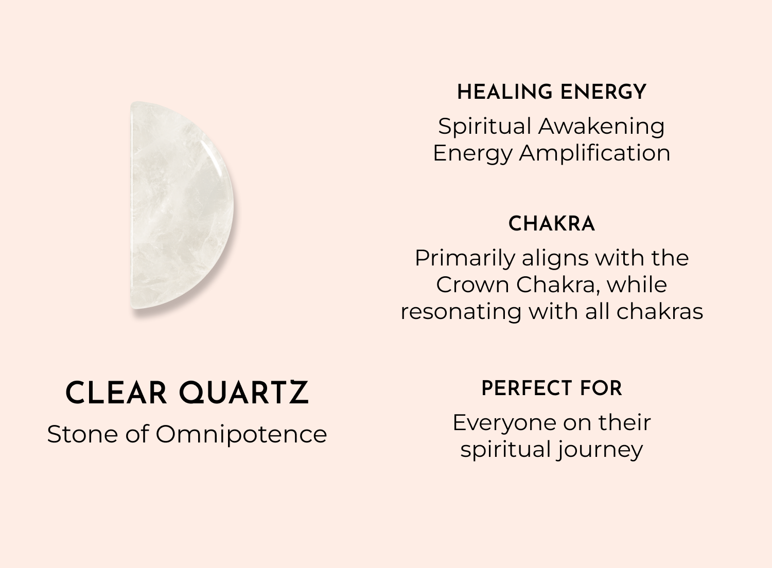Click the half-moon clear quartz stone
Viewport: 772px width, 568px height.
(181, 205)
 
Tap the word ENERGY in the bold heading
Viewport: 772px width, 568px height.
(603, 92)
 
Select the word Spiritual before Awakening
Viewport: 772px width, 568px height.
(484, 127)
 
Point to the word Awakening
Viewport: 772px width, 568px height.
(601, 127)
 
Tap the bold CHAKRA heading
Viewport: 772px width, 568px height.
(551, 224)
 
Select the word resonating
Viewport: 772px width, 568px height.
(461, 312)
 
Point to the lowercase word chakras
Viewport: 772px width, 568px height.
(660, 312)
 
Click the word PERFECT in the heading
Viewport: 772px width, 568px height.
(527, 388)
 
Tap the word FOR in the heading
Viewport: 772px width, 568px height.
(601, 388)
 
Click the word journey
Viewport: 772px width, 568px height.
(601, 451)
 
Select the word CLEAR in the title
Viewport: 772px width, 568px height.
(116, 393)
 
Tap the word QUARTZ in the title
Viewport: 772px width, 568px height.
(243, 393)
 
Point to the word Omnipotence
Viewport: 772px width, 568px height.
(241, 435)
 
